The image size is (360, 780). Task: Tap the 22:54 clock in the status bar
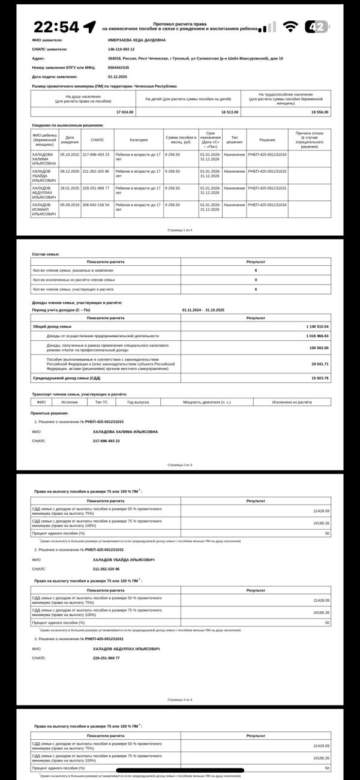pos(56,27)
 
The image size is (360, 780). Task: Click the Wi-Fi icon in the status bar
pos(290,27)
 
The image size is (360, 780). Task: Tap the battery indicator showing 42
pos(317,27)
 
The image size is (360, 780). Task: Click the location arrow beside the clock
pos(89,27)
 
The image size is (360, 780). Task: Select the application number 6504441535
pos(118,67)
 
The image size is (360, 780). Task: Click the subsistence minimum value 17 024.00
pos(125,112)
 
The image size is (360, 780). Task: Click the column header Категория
pos(139,140)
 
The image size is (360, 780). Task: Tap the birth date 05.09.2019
pos(70,205)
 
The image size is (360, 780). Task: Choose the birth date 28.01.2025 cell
pos(70,188)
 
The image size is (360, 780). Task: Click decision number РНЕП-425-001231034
pos(267,205)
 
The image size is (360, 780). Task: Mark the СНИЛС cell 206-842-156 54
pos(96,205)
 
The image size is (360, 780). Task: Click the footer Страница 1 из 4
pos(179,230)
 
